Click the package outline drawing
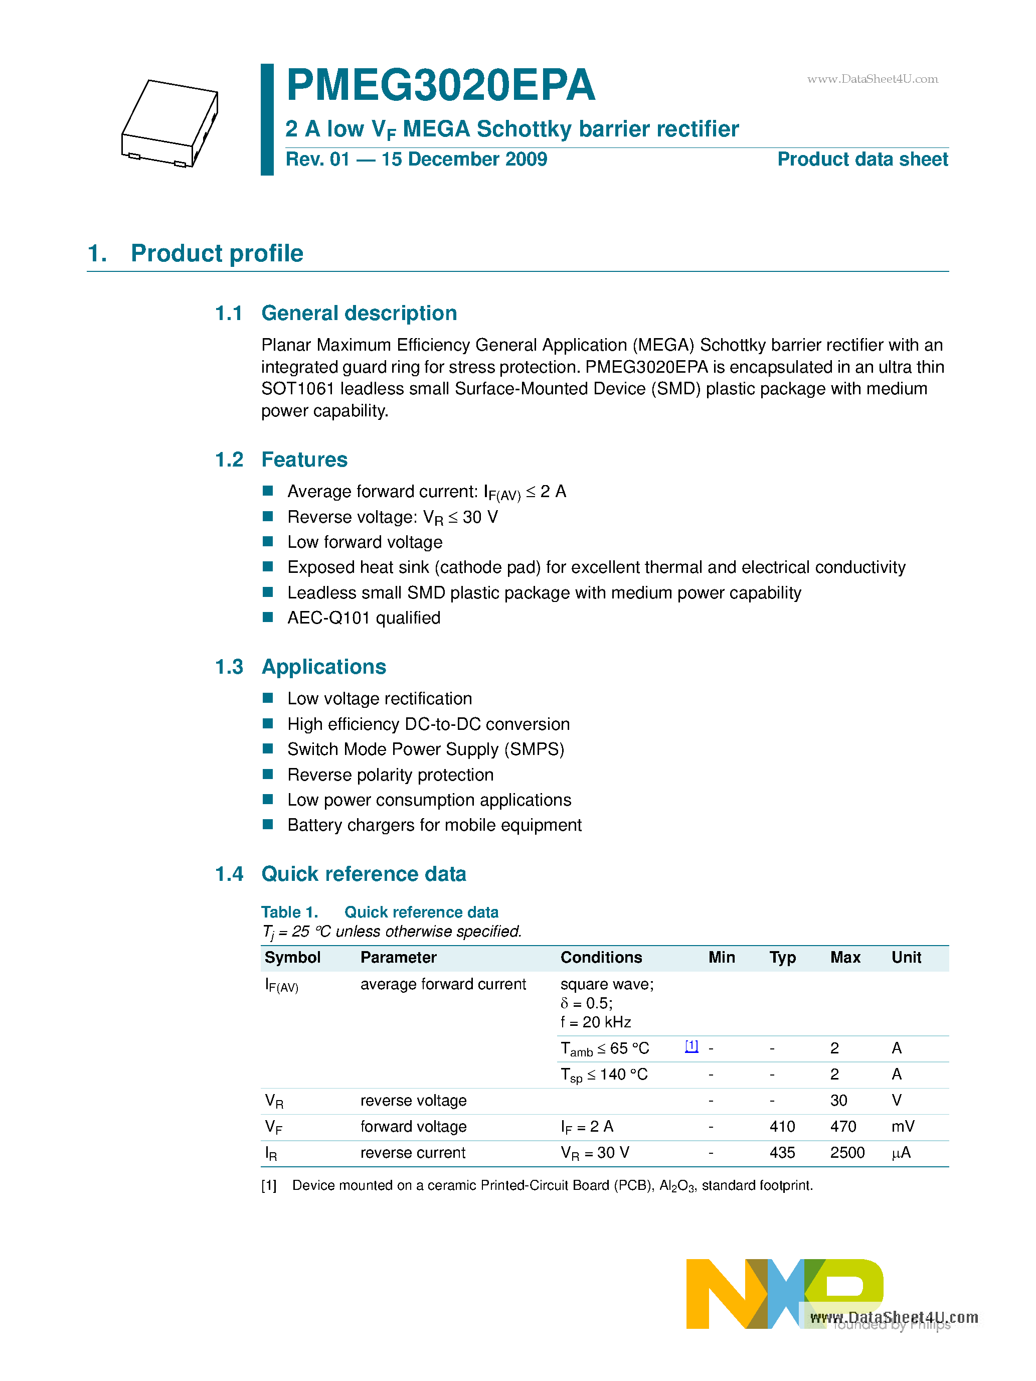[x=170, y=123]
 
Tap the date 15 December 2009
[x=464, y=159]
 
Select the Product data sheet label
[x=862, y=159]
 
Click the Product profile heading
[x=217, y=253]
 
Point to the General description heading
[x=359, y=313]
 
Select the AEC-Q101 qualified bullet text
[x=364, y=618]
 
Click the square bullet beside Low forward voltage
[x=268, y=541]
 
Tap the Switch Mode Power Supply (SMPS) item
[x=426, y=749]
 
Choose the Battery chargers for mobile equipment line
[x=434, y=825]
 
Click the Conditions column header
[x=601, y=957]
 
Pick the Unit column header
[x=906, y=957]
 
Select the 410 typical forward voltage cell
[x=782, y=1126]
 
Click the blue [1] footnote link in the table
[x=692, y=1046]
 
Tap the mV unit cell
[x=903, y=1126]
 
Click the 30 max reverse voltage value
[x=838, y=1100]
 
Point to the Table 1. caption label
[x=289, y=912]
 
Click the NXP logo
[x=784, y=1294]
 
